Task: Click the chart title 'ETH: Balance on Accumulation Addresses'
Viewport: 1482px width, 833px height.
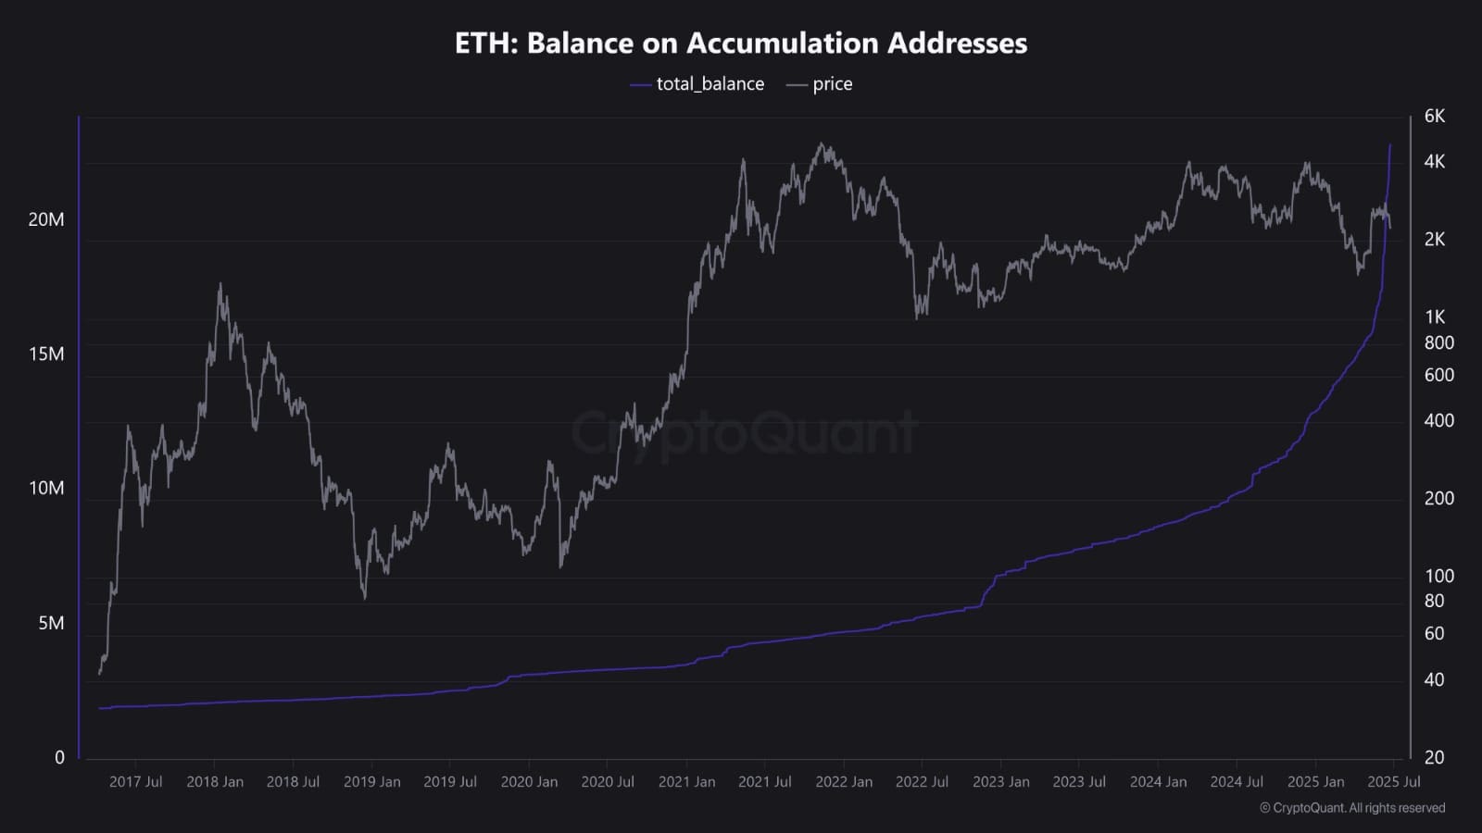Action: pyautogui.click(x=741, y=44)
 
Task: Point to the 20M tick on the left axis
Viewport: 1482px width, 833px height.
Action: pyautogui.click(x=46, y=219)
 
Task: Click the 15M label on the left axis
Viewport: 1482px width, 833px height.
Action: pyautogui.click(x=46, y=354)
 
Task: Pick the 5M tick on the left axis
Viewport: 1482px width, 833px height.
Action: pyautogui.click(x=51, y=623)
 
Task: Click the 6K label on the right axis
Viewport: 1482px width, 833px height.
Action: pyautogui.click(x=1434, y=117)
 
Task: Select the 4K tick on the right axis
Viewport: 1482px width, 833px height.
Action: pyautogui.click(x=1434, y=162)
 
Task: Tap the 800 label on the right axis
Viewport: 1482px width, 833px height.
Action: pyautogui.click(x=1438, y=342)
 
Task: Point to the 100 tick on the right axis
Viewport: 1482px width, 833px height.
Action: pyautogui.click(x=1438, y=576)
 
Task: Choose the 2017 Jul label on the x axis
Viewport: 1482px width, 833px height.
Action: pyautogui.click(x=135, y=782)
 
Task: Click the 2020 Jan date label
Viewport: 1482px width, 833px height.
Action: pyautogui.click(x=529, y=782)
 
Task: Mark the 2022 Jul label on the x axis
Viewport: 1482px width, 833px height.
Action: pyautogui.click(x=922, y=782)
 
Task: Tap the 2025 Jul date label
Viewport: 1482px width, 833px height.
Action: pyautogui.click(x=1394, y=782)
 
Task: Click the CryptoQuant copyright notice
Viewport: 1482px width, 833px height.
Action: pyautogui.click(x=1352, y=808)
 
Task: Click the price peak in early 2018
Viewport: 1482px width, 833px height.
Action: pyautogui.click(x=220, y=285)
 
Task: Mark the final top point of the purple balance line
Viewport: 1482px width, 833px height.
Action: pyautogui.click(x=1389, y=145)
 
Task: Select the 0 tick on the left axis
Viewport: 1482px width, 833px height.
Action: pyautogui.click(x=59, y=758)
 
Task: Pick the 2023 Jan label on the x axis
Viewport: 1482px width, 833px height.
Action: pyautogui.click(x=1000, y=782)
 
